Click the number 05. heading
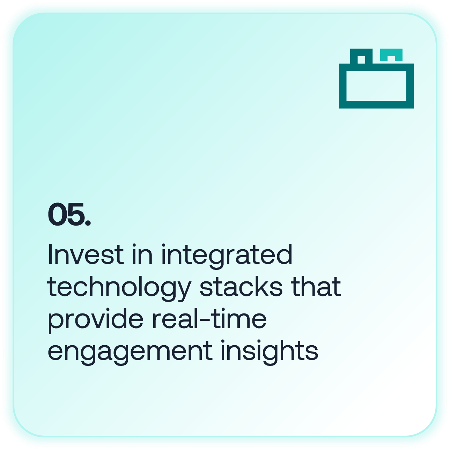click(x=69, y=214)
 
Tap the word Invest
click(x=86, y=254)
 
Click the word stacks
click(x=241, y=286)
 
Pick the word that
click(x=316, y=286)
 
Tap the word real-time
click(x=209, y=318)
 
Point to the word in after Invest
click(x=142, y=254)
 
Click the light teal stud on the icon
click(x=391, y=52)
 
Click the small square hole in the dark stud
click(x=361, y=60)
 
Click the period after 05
click(x=88, y=223)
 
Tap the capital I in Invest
click(x=50, y=254)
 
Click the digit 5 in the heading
click(x=76, y=214)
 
